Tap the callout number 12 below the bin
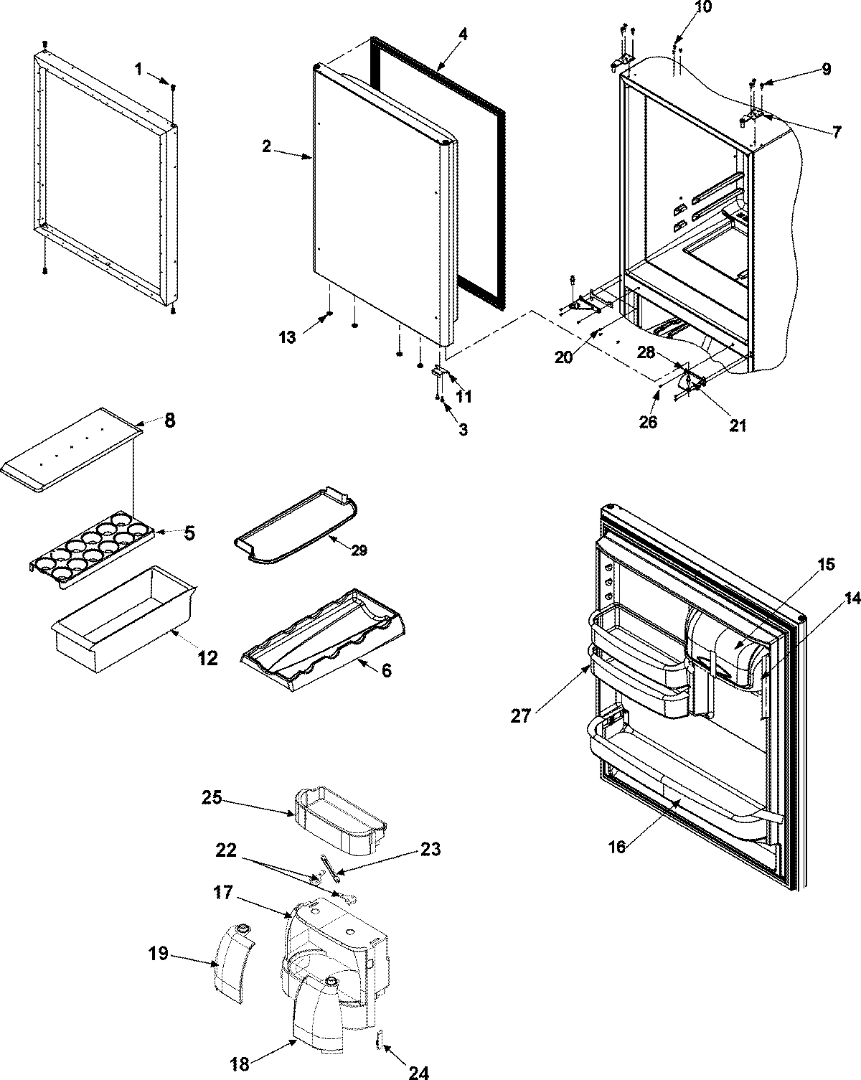207,657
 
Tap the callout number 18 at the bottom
240,1063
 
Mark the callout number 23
430,850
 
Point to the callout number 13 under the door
287,337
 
